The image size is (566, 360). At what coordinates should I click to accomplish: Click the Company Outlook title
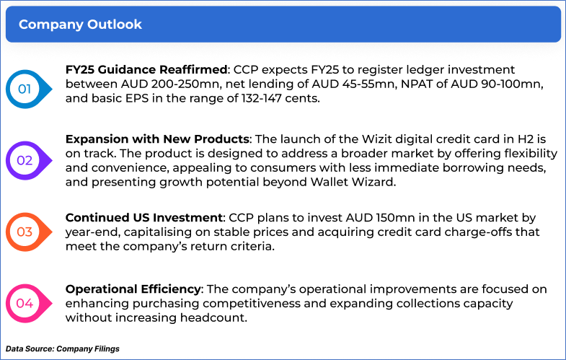[80, 25]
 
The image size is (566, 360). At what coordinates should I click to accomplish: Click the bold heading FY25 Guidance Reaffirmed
[146, 69]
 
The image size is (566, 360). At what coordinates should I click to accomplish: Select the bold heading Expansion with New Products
[157, 139]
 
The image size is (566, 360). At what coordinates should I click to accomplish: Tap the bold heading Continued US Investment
[144, 217]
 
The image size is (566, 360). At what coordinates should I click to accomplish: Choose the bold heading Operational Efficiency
[133, 289]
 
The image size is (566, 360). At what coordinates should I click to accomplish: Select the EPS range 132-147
[261, 98]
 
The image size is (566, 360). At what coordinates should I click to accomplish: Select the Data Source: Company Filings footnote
[63, 348]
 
